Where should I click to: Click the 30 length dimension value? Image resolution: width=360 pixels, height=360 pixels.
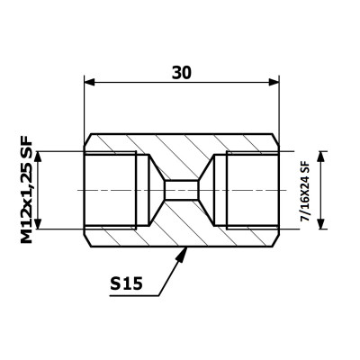point(182,73)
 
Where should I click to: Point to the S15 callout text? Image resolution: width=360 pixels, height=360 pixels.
point(126,283)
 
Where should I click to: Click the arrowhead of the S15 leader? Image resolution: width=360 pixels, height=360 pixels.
point(182,254)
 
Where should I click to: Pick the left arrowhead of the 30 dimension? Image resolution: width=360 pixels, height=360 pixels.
point(89,82)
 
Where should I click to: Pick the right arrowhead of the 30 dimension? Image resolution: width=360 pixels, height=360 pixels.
point(274,82)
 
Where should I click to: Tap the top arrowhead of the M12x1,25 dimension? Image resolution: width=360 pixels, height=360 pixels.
point(38,157)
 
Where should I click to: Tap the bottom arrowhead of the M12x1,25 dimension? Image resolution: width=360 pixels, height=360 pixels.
point(38,223)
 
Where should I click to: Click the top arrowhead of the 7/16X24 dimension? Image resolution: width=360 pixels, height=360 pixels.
point(321,157)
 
